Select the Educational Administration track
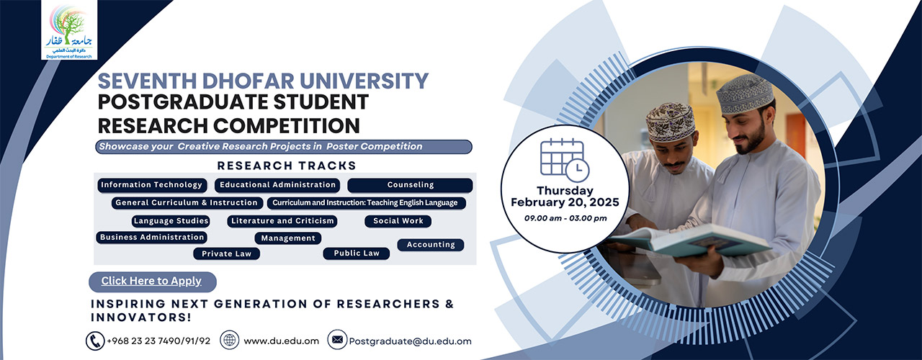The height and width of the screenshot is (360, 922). point(278,185)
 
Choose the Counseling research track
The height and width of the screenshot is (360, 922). point(410,185)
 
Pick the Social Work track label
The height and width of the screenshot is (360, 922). point(398,221)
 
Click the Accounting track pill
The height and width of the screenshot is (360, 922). point(431,245)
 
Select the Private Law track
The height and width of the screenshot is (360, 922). point(226,253)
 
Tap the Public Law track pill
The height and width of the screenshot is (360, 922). point(357,253)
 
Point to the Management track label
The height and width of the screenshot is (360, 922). point(288,238)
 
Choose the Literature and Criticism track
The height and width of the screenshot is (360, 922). point(282,221)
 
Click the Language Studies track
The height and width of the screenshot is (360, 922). point(171,221)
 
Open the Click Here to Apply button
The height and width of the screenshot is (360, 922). point(152,282)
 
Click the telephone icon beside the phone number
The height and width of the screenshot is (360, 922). point(94,341)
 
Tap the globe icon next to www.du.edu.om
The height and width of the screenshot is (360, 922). point(229,341)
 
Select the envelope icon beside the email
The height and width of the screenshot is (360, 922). point(336,340)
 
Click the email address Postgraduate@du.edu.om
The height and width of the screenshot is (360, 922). point(410,341)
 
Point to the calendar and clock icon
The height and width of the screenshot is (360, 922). point(564,159)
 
